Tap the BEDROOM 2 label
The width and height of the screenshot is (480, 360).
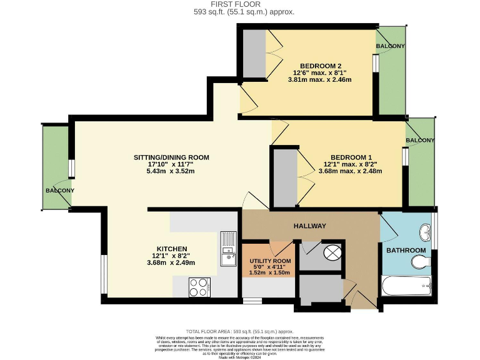point(320,66)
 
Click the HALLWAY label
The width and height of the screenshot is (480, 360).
point(309,226)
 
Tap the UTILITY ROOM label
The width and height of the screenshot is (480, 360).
point(270,261)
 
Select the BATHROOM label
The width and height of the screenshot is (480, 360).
point(406,251)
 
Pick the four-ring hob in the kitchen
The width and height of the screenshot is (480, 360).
point(199,287)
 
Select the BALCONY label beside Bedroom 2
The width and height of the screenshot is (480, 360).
point(390,46)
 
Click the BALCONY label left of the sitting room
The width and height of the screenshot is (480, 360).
point(59,191)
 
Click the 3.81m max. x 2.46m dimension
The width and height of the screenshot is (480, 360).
point(320,79)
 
